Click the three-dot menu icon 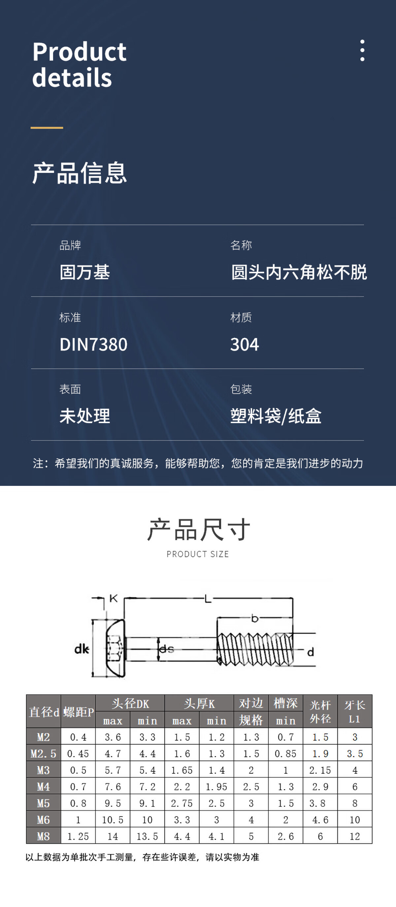click(362, 51)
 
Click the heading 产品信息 click(80, 173)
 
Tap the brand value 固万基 click(85, 272)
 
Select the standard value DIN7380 click(93, 344)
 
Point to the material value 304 click(245, 344)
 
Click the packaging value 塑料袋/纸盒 click(276, 416)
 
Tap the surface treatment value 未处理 click(85, 416)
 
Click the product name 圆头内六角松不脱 click(299, 272)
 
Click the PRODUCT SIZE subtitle click(198, 554)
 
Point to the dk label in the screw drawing click(82, 649)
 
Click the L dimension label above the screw click(208, 598)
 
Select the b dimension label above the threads click(254, 618)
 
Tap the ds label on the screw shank click(167, 649)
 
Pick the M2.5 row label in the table click(43, 754)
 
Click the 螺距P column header click(78, 712)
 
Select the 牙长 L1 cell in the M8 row click(355, 836)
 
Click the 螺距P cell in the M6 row click(78, 820)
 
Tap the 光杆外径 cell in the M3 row click(320, 770)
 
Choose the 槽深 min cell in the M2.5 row click(285, 754)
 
